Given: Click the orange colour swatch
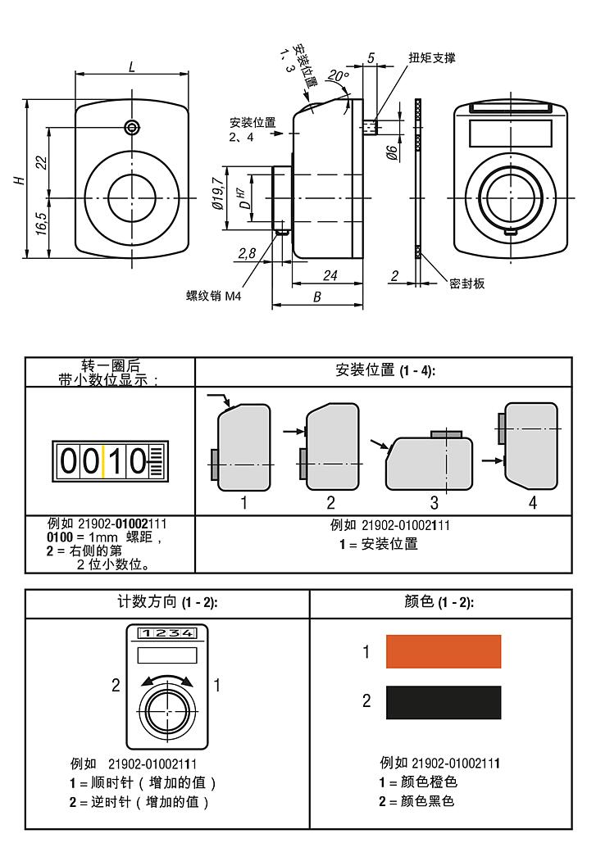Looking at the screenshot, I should pos(444,651).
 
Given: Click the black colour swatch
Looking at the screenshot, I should pos(444,702).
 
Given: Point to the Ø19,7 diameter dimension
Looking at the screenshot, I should pos(218,194).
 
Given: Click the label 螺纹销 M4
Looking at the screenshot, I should pos(214,296).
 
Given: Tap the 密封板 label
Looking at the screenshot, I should pos(467,283).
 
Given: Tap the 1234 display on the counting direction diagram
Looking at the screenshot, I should pos(167,633).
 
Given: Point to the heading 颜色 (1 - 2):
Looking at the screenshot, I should pos(439,602).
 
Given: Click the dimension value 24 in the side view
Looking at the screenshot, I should pos(330,275).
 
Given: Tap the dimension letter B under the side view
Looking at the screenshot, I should pos(316,297).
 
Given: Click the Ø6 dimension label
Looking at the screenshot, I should pos(392,152).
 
